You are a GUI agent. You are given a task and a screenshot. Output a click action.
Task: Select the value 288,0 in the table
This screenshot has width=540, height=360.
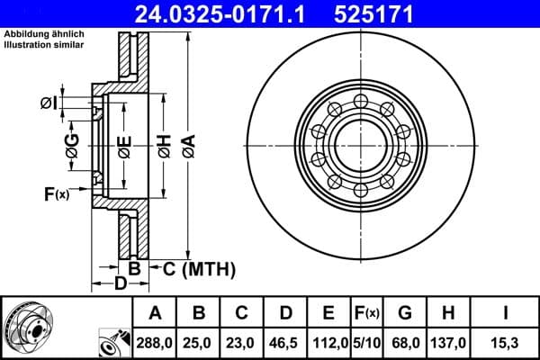[x=155, y=344]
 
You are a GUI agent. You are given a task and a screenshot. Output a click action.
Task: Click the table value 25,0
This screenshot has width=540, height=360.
[x=198, y=344]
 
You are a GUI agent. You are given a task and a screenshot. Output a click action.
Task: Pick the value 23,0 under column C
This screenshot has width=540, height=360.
[x=241, y=344]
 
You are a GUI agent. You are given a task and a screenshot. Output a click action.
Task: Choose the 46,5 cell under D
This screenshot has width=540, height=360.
[x=284, y=344]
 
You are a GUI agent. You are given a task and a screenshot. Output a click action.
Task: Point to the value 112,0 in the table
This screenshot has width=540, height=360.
[x=328, y=344]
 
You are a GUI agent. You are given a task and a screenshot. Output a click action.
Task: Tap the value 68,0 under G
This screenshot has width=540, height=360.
[x=404, y=344]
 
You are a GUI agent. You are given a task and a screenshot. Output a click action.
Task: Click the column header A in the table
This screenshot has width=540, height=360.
[x=155, y=313]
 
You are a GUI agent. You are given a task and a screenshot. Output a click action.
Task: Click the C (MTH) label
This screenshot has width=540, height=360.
[x=198, y=268]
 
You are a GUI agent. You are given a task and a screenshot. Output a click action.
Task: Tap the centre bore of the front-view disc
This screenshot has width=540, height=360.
[x=359, y=145]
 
